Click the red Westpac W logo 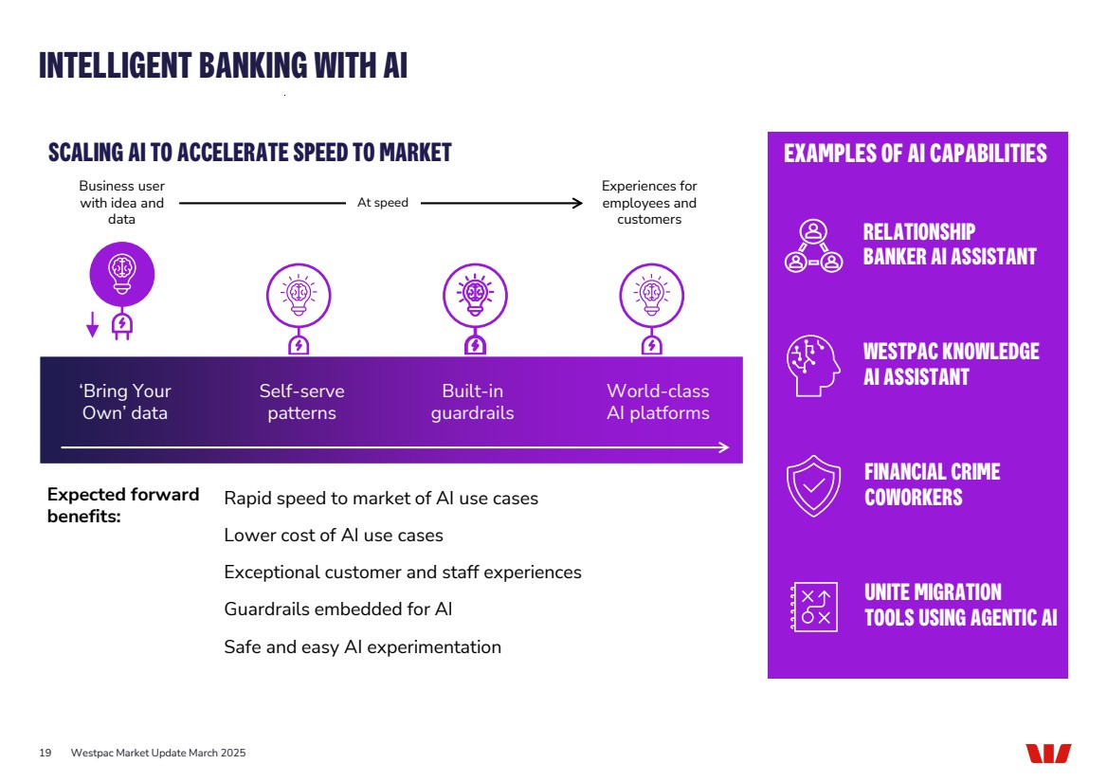pyautogui.click(x=1047, y=754)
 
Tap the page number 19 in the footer pyautogui.click(x=45, y=753)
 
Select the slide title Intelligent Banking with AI pyautogui.click(x=223, y=65)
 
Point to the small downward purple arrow pyautogui.click(x=92, y=325)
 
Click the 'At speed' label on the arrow pyautogui.click(x=383, y=203)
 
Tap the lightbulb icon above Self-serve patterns pyautogui.click(x=299, y=295)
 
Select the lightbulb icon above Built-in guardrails pyautogui.click(x=475, y=295)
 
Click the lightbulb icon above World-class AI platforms pyautogui.click(x=651, y=295)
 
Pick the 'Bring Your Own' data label pyautogui.click(x=125, y=402)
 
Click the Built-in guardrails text pyautogui.click(x=472, y=402)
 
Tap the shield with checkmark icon pyautogui.click(x=813, y=485)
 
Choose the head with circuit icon pyautogui.click(x=813, y=364)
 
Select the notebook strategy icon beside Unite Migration pyautogui.click(x=813, y=607)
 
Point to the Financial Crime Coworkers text pyautogui.click(x=932, y=484)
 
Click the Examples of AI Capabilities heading pyautogui.click(x=915, y=154)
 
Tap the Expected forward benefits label pyautogui.click(x=123, y=505)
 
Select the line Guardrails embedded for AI pyautogui.click(x=337, y=609)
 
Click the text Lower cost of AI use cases pyautogui.click(x=333, y=536)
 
